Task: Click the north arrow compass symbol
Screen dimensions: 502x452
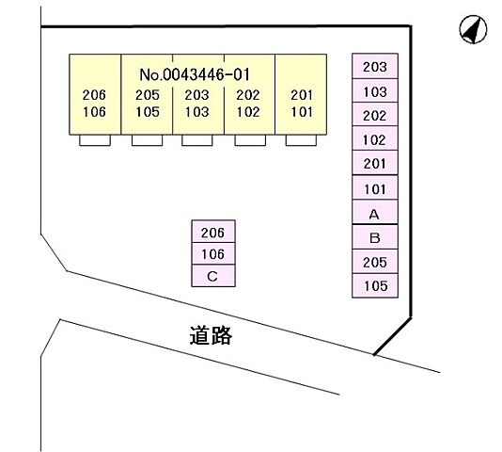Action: [473, 29]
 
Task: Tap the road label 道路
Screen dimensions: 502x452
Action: [211, 335]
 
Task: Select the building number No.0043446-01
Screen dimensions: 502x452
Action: [195, 74]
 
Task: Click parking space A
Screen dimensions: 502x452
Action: [375, 212]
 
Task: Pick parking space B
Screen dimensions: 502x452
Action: [375, 236]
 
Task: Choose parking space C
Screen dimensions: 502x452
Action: [213, 276]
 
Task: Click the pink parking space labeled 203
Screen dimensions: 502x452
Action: [375, 66]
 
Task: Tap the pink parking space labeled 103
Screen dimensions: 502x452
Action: [375, 90]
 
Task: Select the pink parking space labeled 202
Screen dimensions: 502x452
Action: [375, 114]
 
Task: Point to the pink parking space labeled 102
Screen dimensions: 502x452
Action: [375, 138]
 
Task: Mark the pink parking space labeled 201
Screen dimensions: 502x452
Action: [375, 163]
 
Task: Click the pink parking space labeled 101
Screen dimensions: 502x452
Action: [375, 187]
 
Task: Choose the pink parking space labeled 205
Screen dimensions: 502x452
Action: [375, 262]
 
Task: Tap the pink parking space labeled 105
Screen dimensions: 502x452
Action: [375, 285]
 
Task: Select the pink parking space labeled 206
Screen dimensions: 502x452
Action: [213, 232]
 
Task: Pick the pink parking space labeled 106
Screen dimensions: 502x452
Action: [213, 253]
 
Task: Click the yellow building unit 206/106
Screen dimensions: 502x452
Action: [95, 94]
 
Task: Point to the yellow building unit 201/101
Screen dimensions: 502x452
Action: [301, 94]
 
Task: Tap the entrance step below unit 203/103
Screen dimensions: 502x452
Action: [197, 140]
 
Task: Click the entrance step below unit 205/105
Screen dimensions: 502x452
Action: [148, 140]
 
